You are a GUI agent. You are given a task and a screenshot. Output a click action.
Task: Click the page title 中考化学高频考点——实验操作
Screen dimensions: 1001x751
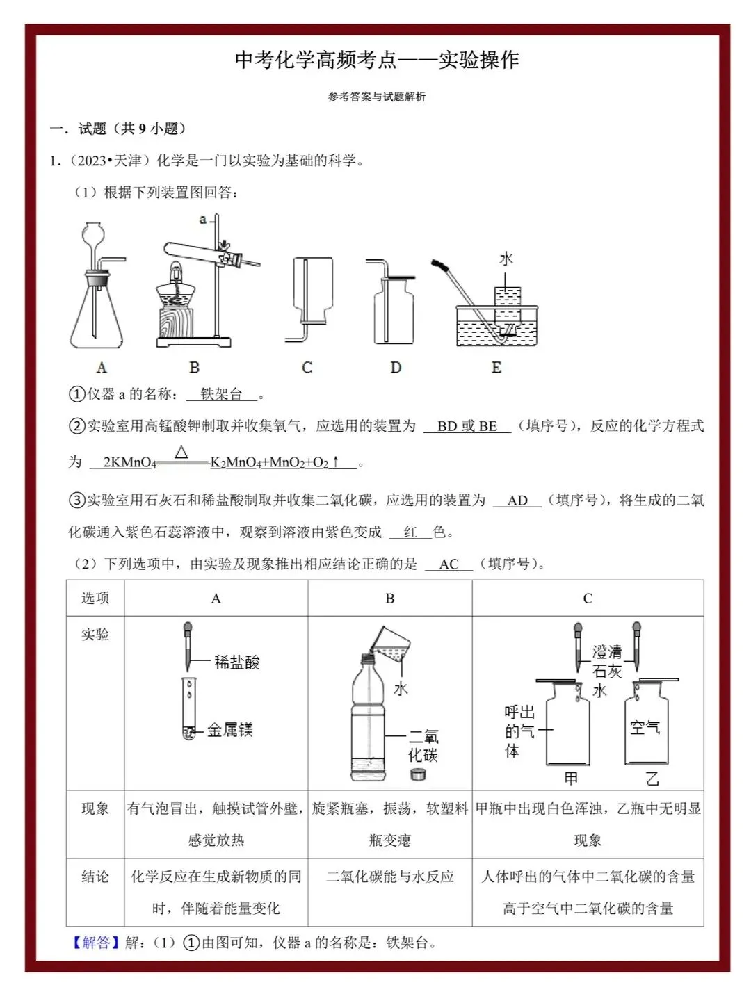(377, 60)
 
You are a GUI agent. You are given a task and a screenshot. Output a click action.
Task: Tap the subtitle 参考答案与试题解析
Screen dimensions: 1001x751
(377, 97)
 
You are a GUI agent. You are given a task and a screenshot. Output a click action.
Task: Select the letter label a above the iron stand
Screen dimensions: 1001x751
(203, 220)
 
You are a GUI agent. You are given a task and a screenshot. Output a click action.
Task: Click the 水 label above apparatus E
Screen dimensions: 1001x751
(506, 259)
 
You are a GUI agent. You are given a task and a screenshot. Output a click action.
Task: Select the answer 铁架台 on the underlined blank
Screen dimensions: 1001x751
(221, 395)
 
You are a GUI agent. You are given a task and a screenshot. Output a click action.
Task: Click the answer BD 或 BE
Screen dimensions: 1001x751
(467, 426)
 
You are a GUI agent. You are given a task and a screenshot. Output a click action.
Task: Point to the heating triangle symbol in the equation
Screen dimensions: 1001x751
(181, 453)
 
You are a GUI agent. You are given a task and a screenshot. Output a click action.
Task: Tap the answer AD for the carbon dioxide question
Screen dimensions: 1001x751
(517, 500)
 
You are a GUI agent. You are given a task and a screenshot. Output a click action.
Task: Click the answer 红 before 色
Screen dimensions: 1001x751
(410, 532)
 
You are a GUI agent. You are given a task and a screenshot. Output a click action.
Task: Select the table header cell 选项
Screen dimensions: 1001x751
(95, 598)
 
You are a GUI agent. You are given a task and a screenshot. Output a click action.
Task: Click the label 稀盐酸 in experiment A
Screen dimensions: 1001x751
(236, 662)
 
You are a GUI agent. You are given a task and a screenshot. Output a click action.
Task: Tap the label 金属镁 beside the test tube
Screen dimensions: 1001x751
(229, 730)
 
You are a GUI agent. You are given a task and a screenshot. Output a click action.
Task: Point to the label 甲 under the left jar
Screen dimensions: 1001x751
(571, 779)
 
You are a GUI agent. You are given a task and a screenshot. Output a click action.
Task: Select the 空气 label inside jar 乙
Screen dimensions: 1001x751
(645, 728)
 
